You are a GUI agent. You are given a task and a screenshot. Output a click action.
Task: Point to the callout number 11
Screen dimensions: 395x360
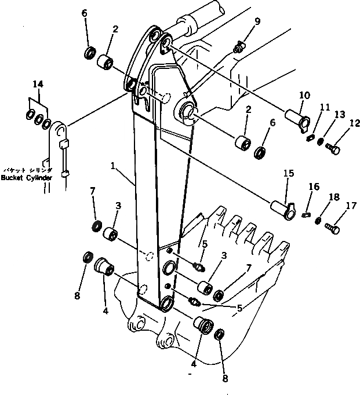point(325,107)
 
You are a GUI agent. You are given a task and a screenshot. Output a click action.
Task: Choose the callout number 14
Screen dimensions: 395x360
point(37,85)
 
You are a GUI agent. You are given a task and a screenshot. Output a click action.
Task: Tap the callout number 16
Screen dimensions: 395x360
point(313,186)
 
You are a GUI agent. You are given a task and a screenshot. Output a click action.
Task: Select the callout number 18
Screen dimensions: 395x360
point(334,197)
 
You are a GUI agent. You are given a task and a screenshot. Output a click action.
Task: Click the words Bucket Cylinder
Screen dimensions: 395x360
point(27,177)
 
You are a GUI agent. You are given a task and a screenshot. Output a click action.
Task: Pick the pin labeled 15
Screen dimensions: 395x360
point(284,207)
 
